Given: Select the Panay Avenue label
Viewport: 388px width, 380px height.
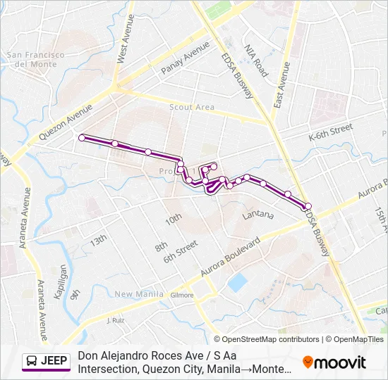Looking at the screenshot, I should [186, 58].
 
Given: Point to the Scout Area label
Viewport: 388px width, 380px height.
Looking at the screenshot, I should [192, 107].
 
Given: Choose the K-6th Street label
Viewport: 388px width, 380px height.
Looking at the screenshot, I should [330, 129].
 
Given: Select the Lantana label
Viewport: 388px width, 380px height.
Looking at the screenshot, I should [257, 214].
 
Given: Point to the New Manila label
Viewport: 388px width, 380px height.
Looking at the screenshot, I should [134, 294].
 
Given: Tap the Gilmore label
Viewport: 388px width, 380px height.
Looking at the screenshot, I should [181, 295].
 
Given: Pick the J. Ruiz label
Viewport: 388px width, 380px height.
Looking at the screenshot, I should [115, 320].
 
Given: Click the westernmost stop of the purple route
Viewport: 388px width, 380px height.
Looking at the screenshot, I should [82, 137].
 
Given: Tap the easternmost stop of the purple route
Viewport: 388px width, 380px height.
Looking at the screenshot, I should [308, 205].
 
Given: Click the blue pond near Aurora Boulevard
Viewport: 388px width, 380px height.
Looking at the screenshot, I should [238, 282].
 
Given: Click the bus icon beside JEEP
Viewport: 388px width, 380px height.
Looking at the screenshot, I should [32, 362].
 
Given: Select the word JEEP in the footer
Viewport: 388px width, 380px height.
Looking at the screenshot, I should [54, 362].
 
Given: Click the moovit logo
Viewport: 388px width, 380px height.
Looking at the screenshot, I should [334, 362].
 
